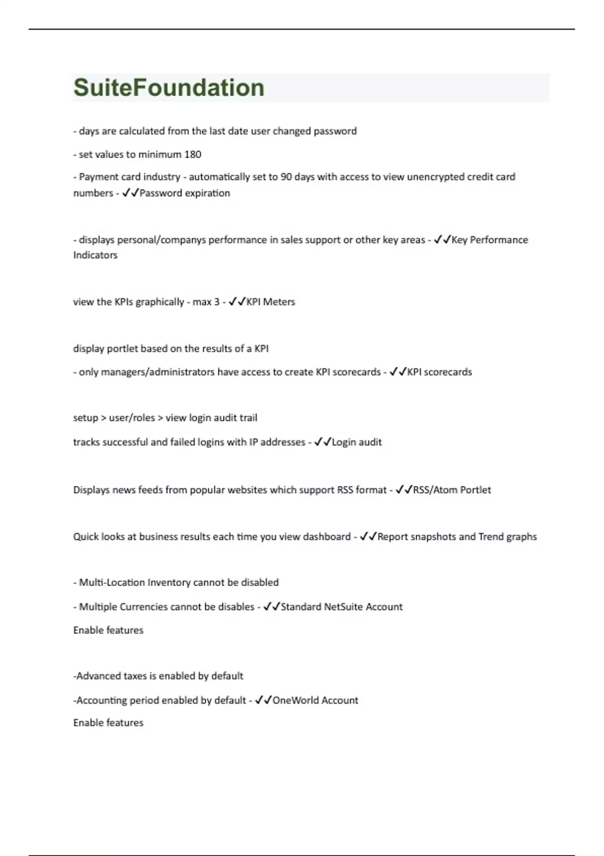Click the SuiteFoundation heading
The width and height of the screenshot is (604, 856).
pyautogui.click(x=169, y=88)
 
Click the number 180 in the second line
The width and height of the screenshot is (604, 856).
pyautogui.click(x=193, y=155)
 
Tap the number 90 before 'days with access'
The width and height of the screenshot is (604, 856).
pyautogui.click(x=286, y=177)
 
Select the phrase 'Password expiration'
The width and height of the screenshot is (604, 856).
pyautogui.click(x=185, y=193)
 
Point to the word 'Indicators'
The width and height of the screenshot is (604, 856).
pyautogui.click(x=95, y=255)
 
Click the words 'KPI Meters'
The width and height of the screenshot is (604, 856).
pyautogui.click(x=270, y=302)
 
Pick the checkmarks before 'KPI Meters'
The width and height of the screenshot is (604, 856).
pyautogui.click(x=237, y=302)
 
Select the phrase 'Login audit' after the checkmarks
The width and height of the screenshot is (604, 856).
pyautogui.click(x=356, y=442)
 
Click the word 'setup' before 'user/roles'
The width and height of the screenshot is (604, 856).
pyautogui.click(x=86, y=418)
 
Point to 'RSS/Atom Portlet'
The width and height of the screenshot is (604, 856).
pyautogui.click(x=451, y=490)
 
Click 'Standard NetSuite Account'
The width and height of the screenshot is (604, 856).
pyautogui.click(x=341, y=607)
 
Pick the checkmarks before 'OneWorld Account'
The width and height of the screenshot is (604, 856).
pyautogui.click(x=263, y=700)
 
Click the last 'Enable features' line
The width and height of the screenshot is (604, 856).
pyautogui.click(x=108, y=723)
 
